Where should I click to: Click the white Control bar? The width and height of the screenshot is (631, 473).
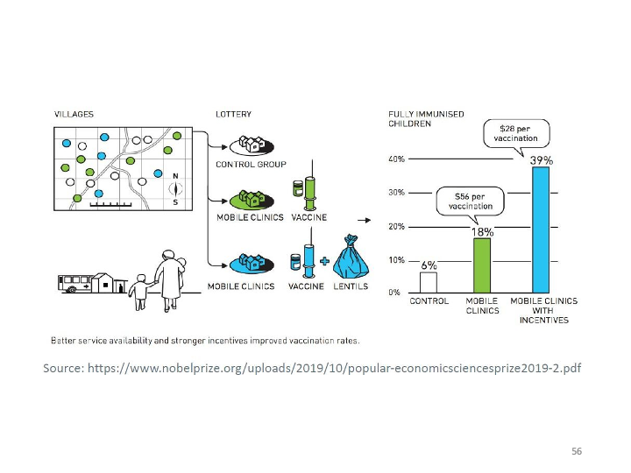coord(429,282)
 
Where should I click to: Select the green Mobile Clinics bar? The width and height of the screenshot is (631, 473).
coord(482,265)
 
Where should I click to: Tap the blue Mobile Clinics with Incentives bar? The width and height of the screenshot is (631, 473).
coord(541,229)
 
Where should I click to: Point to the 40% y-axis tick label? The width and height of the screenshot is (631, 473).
coord(396,159)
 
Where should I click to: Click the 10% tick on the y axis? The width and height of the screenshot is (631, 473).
coord(396,260)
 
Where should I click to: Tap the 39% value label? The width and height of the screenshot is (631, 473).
coord(542,160)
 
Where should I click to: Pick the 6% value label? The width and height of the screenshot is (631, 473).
coord(429,265)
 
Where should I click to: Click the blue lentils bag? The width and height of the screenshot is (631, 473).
coord(351,258)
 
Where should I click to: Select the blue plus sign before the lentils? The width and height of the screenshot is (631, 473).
coord(324,261)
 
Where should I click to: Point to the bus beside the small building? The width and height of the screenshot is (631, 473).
coord(74,283)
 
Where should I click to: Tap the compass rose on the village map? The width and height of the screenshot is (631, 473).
coord(175,188)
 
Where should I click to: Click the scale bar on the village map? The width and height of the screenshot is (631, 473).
coord(110,205)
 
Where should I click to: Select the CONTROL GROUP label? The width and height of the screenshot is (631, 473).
coord(252,165)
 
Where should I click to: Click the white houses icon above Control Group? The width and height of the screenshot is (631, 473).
coord(252,145)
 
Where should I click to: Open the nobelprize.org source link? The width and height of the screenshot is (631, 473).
coord(334,368)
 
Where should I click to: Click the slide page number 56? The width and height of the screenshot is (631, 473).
coord(577,451)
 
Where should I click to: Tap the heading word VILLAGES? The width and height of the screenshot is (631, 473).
coord(74,114)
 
